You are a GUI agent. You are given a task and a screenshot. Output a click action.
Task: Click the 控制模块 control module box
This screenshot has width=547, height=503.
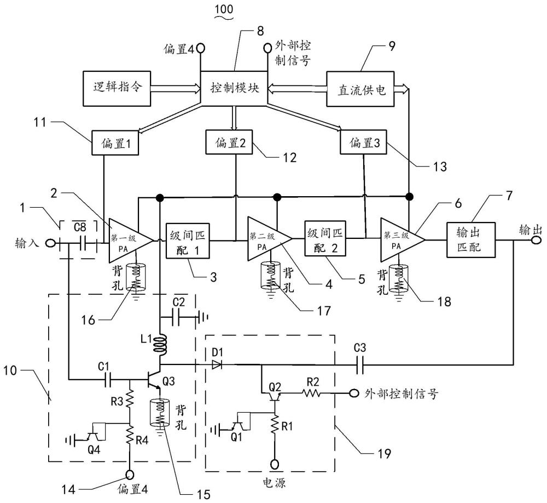(235, 87)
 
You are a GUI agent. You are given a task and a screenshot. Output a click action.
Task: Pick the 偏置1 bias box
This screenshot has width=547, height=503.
(115, 144)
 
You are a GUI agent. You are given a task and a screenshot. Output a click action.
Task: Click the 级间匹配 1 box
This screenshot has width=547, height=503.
(186, 239)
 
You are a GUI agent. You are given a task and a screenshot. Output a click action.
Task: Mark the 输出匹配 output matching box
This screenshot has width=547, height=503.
(471, 239)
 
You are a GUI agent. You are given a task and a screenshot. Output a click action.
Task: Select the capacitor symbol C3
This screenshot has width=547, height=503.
(359, 363)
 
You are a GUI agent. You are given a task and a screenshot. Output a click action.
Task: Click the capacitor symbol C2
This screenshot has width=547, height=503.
(181, 317)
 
